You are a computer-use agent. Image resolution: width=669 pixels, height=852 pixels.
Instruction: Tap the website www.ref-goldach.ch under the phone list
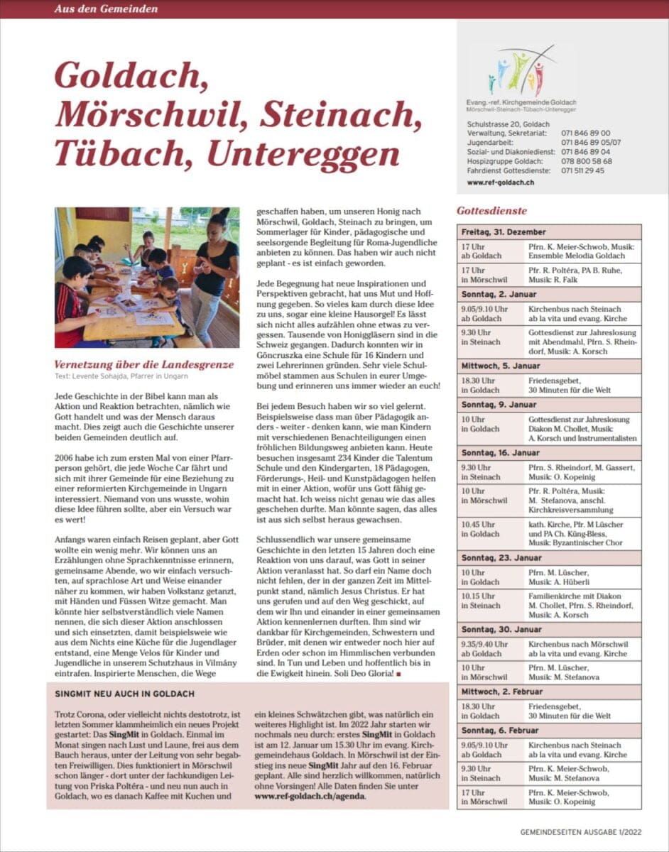coord(501,182)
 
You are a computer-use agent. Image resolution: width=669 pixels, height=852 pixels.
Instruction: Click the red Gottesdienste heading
coord(491,211)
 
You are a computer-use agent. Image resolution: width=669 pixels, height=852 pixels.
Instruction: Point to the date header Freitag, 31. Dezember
coord(504,232)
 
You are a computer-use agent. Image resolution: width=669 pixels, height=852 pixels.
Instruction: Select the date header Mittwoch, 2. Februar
coord(503,692)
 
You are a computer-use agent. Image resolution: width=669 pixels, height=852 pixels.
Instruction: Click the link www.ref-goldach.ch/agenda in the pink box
coord(310,796)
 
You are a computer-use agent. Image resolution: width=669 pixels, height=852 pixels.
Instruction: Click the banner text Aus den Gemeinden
coord(106,9)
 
